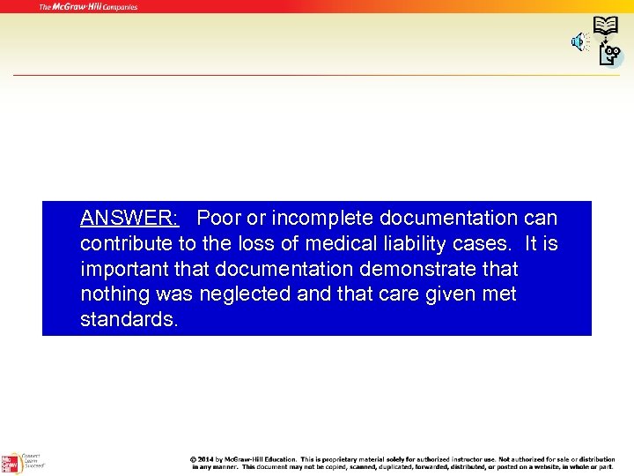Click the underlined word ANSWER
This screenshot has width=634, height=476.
point(129,218)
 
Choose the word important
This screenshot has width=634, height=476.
point(123,269)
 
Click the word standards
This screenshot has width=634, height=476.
point(129,319)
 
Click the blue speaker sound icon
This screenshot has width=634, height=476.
point(579,41)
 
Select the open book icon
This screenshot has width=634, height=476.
point(605,25)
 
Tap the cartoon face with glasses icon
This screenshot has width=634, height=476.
point(609,55)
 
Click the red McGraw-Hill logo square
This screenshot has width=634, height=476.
point(11,463)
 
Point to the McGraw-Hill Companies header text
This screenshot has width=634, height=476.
point(88,7)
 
